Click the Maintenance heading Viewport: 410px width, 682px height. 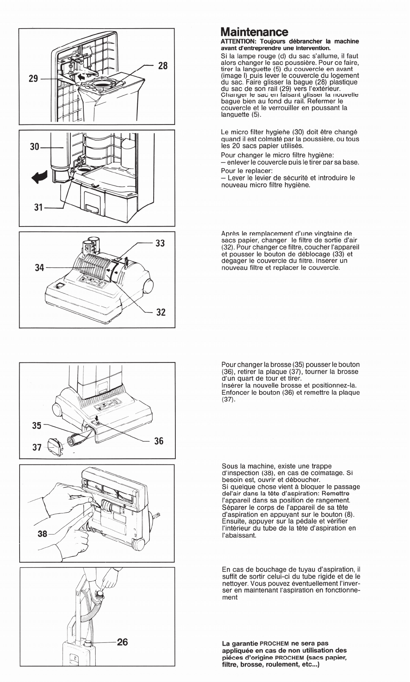coord(254,32)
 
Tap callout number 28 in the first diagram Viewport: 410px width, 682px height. coord(163,65)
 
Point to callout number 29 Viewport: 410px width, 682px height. coord(33,78)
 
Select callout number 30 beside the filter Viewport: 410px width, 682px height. coord(35,147)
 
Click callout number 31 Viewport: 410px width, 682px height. coord(38,208)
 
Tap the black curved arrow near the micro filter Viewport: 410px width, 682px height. coord(40,177)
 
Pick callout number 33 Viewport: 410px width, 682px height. coord(160,243)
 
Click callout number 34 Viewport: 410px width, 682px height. coord(39,268)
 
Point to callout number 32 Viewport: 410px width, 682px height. coord(161,312)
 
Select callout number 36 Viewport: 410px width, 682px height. coord(159,441)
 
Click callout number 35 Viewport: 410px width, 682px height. coord(36,425)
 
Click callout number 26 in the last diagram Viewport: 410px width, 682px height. coord(122,642)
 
